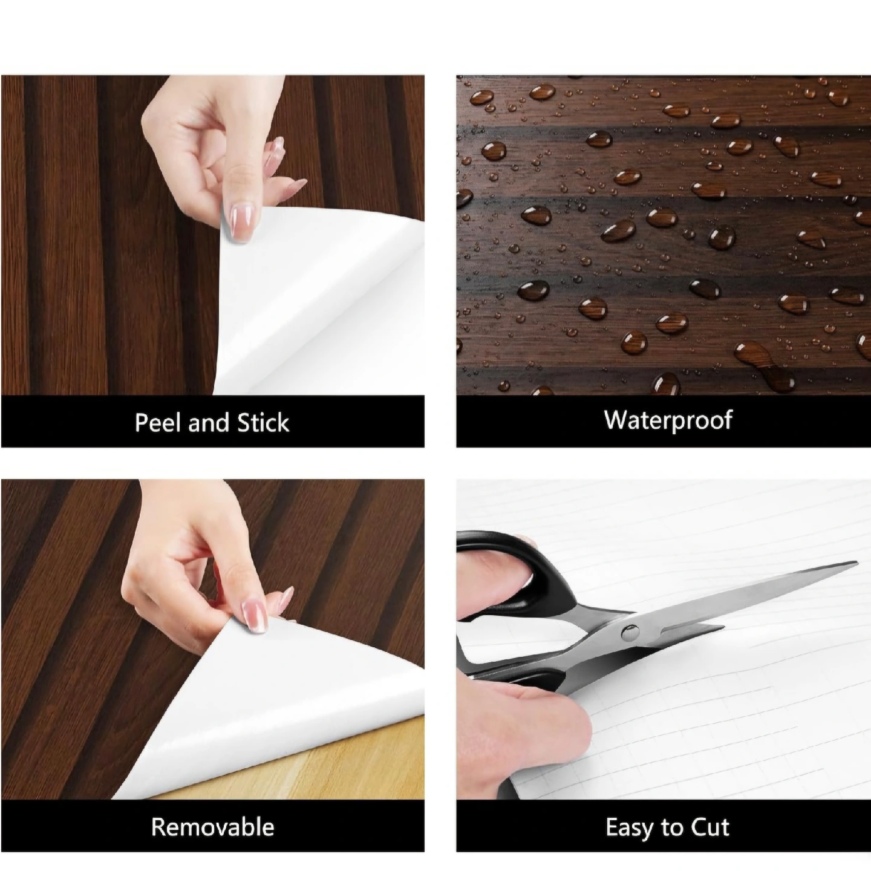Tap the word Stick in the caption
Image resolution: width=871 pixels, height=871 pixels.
coord(263,422)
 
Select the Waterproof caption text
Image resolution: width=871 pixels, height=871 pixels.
coord(668,420)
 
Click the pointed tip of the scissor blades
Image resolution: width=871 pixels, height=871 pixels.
coord(856,563)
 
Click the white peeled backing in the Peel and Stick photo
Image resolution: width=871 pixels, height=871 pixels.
coord(316,298)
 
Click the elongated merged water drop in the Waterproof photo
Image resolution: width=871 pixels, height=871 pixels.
coord(765,364)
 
